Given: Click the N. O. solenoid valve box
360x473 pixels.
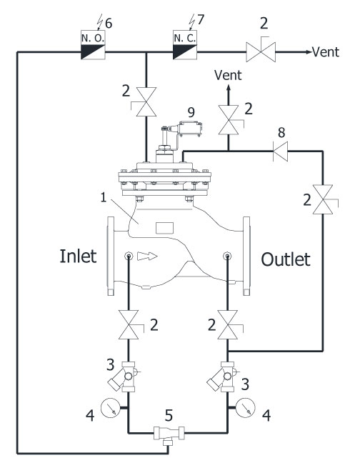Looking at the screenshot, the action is pos(93,44).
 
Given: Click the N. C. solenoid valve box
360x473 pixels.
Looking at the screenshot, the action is pos(185,44).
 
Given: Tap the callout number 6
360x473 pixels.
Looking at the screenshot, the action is pos(109,24).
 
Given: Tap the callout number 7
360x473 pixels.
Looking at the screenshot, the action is pos(201,19).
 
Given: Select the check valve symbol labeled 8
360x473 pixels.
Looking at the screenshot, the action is pos(281,151).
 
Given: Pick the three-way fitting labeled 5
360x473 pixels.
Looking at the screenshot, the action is pos(169,436).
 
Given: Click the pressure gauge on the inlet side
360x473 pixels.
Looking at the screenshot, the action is pos(111,408).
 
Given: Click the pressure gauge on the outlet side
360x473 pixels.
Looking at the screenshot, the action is pos(245,408).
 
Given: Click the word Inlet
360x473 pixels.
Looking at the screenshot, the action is pos(78,257).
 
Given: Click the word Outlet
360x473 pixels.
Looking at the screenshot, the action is pos(285,259).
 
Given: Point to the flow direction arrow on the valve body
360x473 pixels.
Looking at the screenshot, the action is pos(147,256).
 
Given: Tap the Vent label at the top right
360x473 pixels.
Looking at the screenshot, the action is pos(326,52).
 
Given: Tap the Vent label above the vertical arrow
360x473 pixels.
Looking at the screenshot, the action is pos(228,75).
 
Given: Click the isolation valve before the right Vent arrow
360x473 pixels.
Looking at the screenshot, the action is pos(261,51).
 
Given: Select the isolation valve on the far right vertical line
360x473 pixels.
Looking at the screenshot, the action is pos(324,199).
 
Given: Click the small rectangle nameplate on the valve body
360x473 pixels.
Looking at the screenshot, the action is pos(164,228).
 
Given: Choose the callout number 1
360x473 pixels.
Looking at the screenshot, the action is pos(104,198).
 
